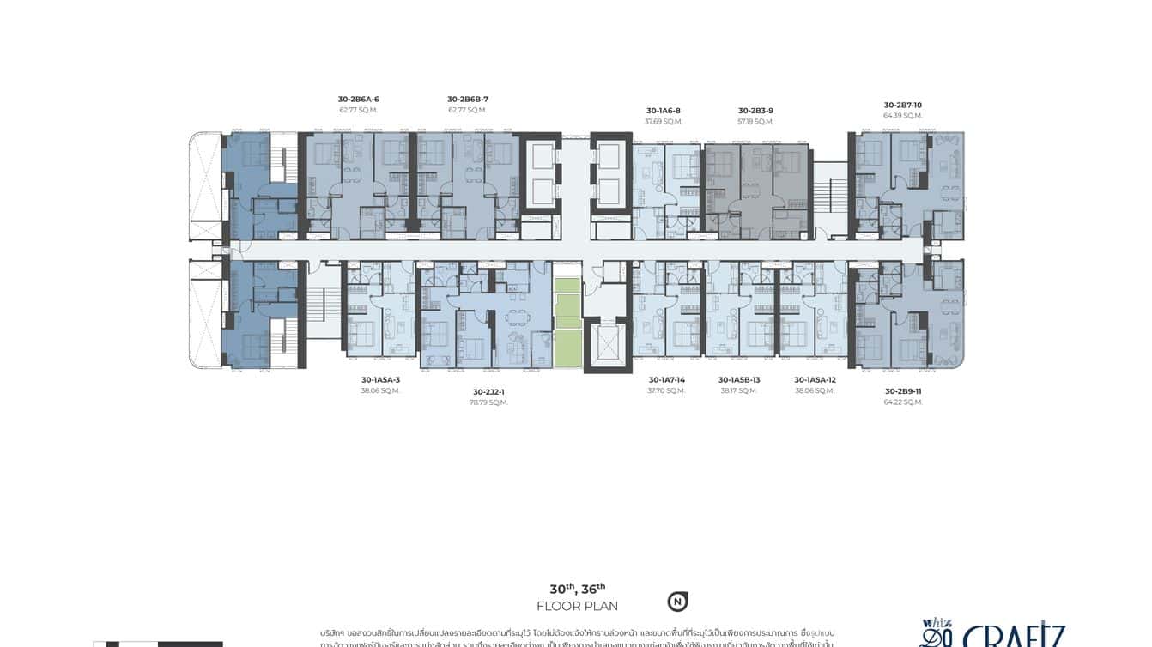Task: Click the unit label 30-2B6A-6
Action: tap(358, 100)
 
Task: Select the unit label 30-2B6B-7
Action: tap(467, 100)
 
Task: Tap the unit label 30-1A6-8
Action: tap(663, 111)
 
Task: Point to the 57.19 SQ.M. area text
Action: tap(755, 122)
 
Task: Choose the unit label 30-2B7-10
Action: tap(902, 106)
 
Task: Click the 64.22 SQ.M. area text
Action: tap(902, 402)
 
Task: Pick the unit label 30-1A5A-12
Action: tap(815, 379)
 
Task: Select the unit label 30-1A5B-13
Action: tap(739, 379)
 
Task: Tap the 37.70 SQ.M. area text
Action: tap(666, 390)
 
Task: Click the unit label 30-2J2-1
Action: tap(489, 391)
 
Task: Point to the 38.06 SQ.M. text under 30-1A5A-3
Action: tap(380, 390)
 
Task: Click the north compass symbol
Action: tap(677, 602)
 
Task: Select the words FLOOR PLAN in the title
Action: tap(577, 607)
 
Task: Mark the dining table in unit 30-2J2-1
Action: tap(518, 317)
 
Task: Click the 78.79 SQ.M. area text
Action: tap(489, 402)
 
